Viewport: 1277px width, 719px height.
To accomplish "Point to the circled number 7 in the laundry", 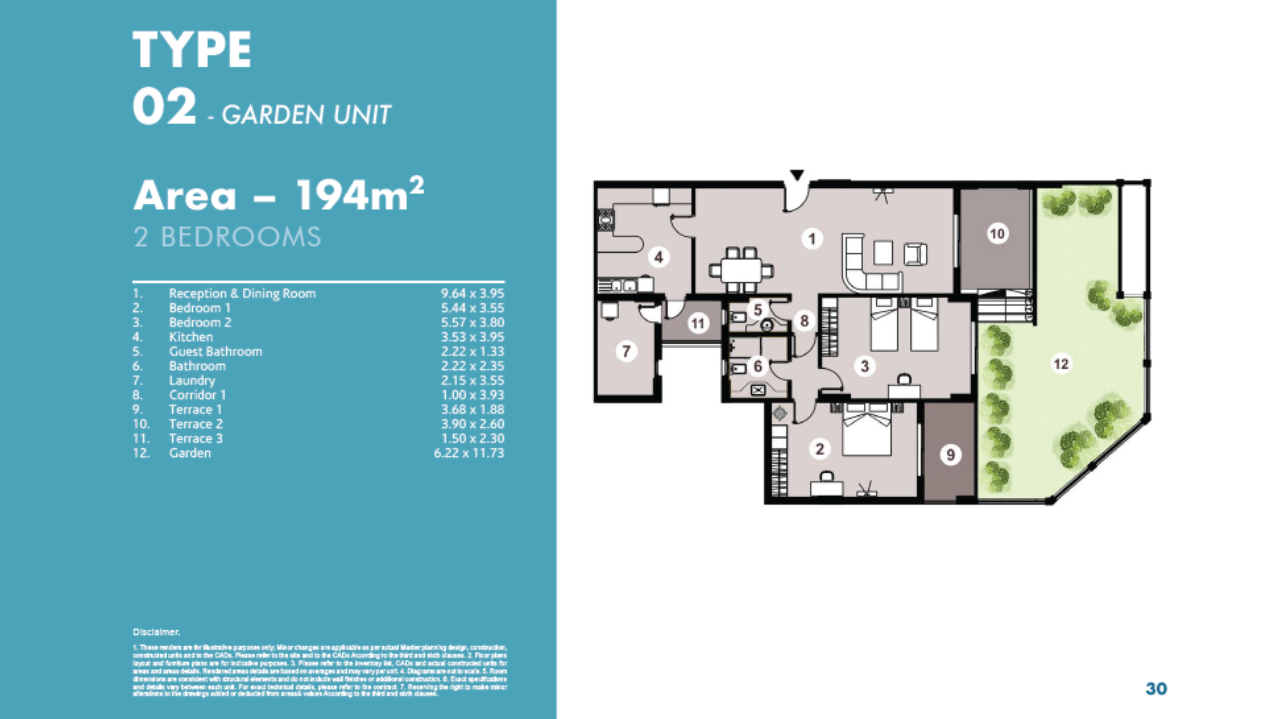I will pos(626,352).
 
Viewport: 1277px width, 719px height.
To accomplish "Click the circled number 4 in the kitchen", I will pos(658,257).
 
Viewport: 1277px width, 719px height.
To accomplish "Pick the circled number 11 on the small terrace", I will pos(698,324).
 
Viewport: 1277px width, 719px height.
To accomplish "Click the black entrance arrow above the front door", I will pos(797,175).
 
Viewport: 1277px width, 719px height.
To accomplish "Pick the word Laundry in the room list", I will pos(192,380).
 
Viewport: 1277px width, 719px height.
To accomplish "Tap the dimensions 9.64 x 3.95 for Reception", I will pos(472,293).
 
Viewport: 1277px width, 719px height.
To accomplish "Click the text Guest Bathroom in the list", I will pos(215,352).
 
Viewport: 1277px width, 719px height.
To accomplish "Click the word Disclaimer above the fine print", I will pos(156,632).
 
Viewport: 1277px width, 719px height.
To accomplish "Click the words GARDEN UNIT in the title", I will pos(306,115).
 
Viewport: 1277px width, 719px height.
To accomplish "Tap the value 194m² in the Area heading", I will pos(359,195).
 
